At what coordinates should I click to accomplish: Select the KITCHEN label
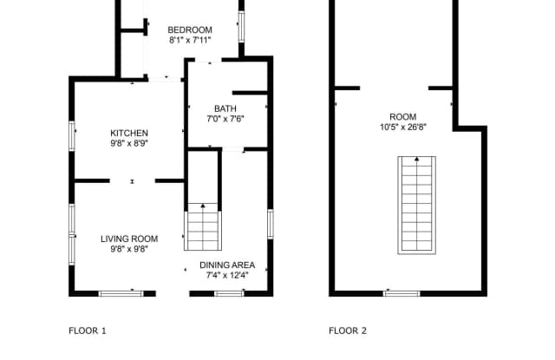(x=128, y=133)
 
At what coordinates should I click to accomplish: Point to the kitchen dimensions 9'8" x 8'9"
(x=128, y=143)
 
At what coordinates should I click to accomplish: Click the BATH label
(x=225, y=108)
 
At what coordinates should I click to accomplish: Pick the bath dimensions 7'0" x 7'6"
(x=225, y=119)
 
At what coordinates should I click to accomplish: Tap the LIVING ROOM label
(x=128, y=239)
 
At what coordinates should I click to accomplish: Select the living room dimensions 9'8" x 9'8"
(x=128, y=250)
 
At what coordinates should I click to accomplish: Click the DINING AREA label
(x=227, y=265)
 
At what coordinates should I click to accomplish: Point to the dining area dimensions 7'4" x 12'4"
(x=227, y=276)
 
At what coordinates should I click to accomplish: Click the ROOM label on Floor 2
(x=403, y=116)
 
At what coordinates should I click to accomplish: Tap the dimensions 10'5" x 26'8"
(x=403, y=127)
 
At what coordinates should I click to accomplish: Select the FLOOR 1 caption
(x=88, y=331)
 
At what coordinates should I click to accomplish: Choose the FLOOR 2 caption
(x=348, y=331)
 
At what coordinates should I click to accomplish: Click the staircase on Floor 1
(x=203, y=226)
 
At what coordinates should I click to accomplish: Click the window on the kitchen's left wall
(x=73, y=136)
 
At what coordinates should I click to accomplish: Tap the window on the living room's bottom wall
(x=121, y=293)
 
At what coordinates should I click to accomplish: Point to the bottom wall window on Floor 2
(x=402, y=293)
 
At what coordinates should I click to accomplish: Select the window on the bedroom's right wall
(x=242, y=27)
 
